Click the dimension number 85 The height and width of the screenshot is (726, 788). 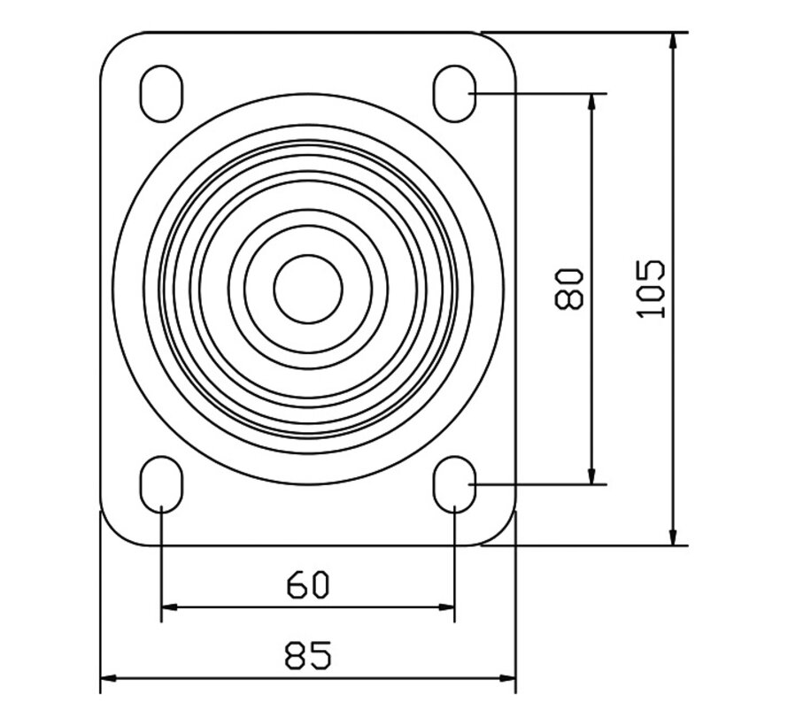pos(308,655)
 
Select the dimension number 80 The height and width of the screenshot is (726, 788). pos(568,289)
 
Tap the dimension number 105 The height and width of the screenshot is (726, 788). pos(651,289)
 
